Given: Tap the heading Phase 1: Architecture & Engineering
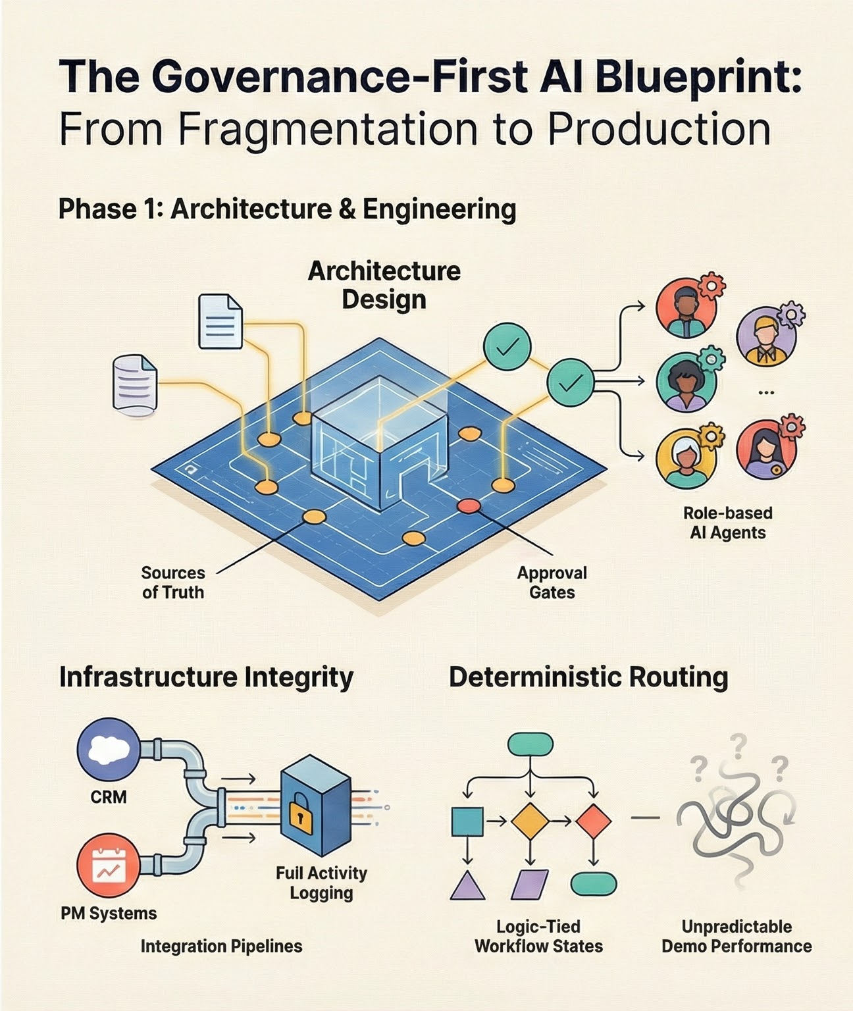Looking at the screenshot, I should pos(287,209).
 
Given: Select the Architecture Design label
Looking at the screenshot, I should pos(384,285).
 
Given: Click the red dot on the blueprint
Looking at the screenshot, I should pos(469,505).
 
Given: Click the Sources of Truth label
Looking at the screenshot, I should pos(172,583).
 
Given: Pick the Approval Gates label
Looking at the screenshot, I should pos(552,583).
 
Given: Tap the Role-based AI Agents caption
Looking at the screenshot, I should pos(727,523).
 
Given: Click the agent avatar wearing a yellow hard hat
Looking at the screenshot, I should pos(765,336).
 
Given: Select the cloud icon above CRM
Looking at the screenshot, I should pos(109,750).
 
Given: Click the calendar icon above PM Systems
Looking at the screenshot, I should pos(108,866).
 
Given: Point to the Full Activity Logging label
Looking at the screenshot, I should pos(321,883).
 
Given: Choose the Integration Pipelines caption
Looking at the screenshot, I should pos(221,946).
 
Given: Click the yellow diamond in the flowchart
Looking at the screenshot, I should pos(530,821).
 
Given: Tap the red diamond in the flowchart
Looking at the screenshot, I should pos(593,821).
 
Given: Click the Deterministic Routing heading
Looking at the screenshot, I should pos(588,677).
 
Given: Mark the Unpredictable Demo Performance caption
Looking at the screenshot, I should pos(736,937).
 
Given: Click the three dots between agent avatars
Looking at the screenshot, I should pos(765,392).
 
